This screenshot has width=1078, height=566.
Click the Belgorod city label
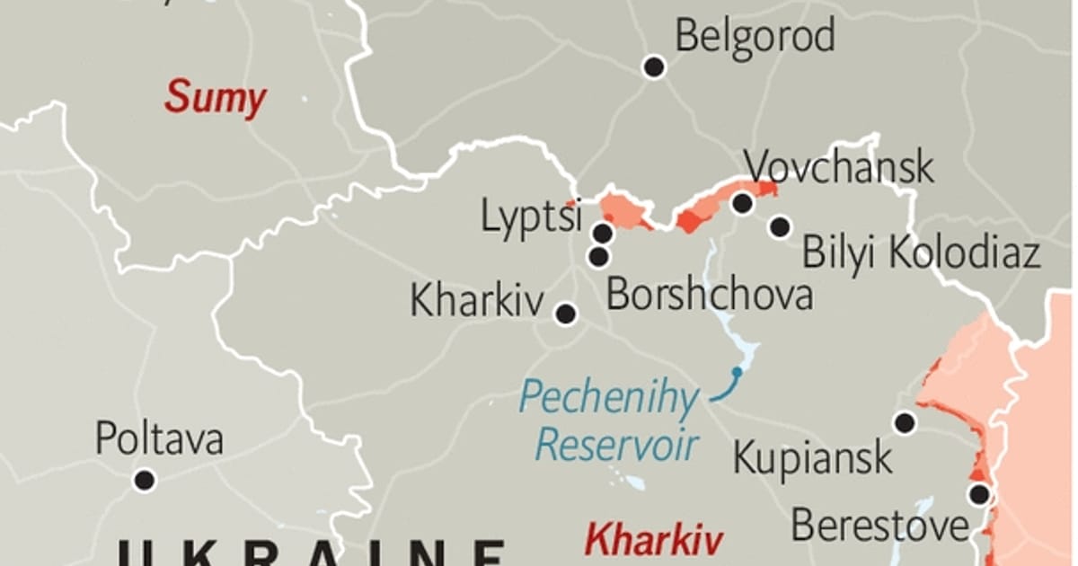pyautogui.click(x=755, y=36)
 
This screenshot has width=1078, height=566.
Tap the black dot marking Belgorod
pyautogui.click(x=654, y=66)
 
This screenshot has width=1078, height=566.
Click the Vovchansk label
pyautogui.click(x=839, y=168)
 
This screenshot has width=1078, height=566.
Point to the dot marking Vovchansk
pyautogui.click(x=742, y=203)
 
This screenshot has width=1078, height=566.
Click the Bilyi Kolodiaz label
pyautogui.click(x=921, y=252)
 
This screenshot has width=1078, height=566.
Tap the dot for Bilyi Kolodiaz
pyautogui.click(x=780, y=226)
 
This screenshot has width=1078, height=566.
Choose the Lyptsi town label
pyautogui.click(x=531, y=216)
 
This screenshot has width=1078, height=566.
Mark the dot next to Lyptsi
pyautogui.click(x=603, y=234)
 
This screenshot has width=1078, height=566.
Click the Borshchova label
pyautogui.click(x=710, y=295)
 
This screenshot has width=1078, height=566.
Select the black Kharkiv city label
pyautogui.click(x=476, y=302)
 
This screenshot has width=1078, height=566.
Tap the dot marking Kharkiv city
pyautogui.click(x=565, y=314)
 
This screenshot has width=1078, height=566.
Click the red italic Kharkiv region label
pyautogui.click(x=653, y=541)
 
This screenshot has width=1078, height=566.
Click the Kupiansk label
pyautogui.click(x=813, y=457)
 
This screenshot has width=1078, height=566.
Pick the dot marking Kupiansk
pyautogui.click(x=904, y=422)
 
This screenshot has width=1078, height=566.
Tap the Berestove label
pyautogui.click(x=879, y=526)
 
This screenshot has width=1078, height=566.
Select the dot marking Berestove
pyautogui.click(x=978, y=494)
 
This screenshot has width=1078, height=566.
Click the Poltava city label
pyautogui.click(x=159, y=440)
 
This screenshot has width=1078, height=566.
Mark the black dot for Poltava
pyautogui.click(x=144, y=480)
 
